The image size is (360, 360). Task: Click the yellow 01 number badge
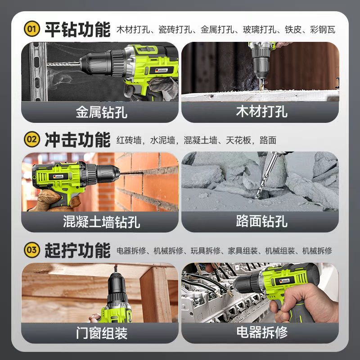click(32, 29)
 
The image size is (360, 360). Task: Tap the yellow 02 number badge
click(32, 139)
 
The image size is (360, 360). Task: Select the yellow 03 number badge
click(32, 250)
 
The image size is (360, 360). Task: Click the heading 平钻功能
click(77, 29)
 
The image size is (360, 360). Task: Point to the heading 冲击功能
click(77, 139)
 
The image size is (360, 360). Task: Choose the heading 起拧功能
click(77, 250)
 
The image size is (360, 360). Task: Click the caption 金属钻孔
click(102, 112)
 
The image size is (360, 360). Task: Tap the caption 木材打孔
click(261, 112)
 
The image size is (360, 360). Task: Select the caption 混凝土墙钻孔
click(102, 222)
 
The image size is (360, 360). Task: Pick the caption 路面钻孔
click(261, 221)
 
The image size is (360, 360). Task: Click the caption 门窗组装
click(102, 333)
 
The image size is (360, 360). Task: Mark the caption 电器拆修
click(262, 332)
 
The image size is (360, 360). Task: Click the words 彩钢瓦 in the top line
click(323, 30)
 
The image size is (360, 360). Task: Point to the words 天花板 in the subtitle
click(238, 140)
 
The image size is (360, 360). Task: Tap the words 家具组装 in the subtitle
click(243, 251)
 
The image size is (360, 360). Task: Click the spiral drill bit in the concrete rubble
click(265, 177)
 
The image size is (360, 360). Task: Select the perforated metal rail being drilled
click(38, 72)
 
